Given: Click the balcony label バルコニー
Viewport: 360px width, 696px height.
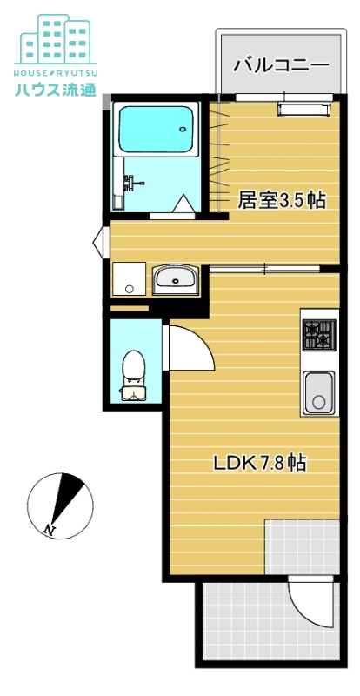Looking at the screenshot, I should [281, 64].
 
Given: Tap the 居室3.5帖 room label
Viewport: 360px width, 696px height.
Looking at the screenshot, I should [282, 200].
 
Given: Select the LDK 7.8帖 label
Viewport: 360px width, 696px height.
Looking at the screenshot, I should [259, 464].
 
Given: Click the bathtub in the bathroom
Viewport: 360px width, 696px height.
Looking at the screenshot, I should [157, 130].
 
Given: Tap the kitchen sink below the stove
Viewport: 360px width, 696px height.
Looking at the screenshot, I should [318, 393].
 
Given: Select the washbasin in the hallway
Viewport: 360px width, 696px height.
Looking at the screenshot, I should [177, 280].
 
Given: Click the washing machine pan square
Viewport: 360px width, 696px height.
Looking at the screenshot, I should [130, 278].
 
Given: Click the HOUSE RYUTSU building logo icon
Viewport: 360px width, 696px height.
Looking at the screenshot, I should [56, 38].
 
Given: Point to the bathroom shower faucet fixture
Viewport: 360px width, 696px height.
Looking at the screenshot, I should [131, 183].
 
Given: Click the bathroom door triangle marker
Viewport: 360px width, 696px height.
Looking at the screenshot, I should [184, 205].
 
